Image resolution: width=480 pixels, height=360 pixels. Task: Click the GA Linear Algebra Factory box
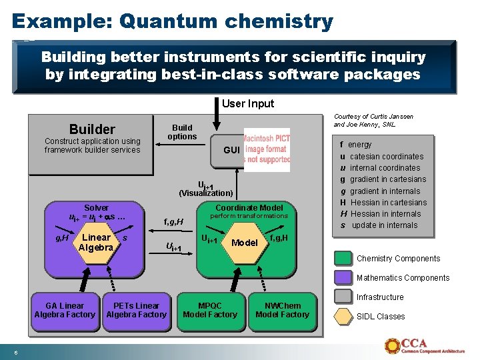point(65,310)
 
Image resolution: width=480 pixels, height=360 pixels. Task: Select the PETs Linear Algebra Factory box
point(137,310)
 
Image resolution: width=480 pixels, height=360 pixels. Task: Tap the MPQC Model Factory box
point(210,310)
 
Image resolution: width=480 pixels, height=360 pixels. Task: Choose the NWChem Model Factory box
point(283,310)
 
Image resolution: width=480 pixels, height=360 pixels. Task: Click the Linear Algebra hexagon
point(96,243)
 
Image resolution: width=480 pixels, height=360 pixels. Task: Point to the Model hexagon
point(244,243)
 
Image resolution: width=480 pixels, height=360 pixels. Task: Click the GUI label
point(231,150)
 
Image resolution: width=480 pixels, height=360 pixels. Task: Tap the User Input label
point(247,103)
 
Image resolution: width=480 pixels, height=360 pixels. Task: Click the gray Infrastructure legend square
point(343,297)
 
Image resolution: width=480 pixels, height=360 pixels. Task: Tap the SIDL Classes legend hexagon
point(343,317)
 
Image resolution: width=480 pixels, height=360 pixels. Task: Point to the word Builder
point(92,129)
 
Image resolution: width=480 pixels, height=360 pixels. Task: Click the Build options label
point(182,132)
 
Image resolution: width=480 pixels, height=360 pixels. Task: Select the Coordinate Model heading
point(249,207)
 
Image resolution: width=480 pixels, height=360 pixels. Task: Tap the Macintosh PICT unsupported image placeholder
point(267,150)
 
